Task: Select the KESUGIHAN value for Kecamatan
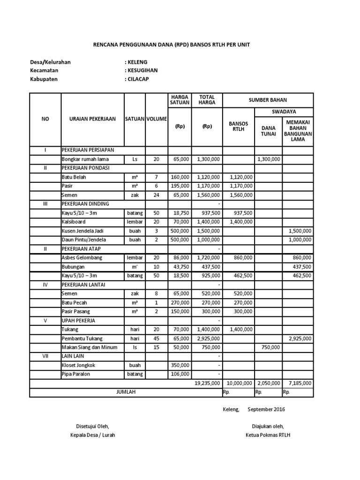[x=141, y=70]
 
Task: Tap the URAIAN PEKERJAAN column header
[x=92, y=119]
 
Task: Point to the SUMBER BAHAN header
[x=268, y=100]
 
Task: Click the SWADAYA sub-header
[x=283, y=112]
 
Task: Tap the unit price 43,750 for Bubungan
[x=180, y=266]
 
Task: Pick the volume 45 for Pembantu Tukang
[x=157, y=338]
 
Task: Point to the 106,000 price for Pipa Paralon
[x=180, y=374]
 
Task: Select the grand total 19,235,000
[x=207, y=383]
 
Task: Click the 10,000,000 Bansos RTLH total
[x=239, y=383]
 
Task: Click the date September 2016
[x=266, y=409]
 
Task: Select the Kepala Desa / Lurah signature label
[x=92, y=435]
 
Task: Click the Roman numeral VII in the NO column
[x=45, y=356]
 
